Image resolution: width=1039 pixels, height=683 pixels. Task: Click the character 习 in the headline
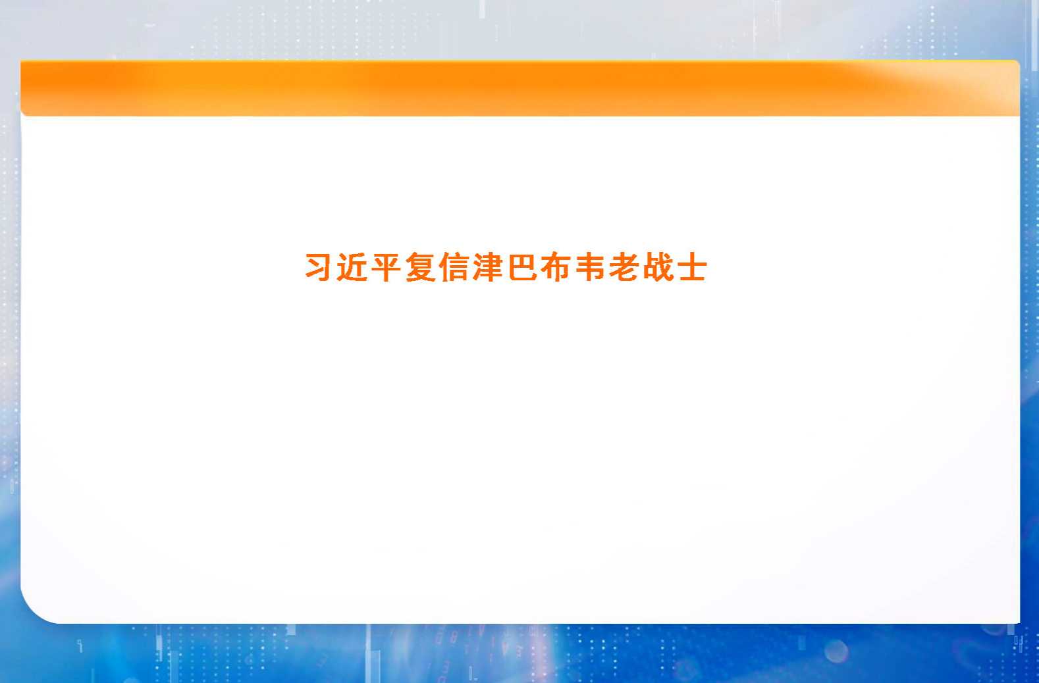point(319,268)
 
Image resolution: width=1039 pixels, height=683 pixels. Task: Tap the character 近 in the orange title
point(352,268)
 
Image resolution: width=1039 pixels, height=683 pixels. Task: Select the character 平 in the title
point(386,268)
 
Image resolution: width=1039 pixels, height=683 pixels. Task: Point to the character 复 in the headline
point(421,268)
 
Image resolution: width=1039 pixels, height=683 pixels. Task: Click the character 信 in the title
point(454,268)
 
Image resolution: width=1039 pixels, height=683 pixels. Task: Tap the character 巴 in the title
point(523,268)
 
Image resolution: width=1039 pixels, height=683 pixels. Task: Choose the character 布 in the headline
point(556,268)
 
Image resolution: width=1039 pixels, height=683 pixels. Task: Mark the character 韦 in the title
point(591,268)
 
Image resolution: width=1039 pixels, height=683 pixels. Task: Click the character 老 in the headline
point(624,268)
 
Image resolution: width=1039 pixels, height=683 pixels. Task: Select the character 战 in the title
point(658,268)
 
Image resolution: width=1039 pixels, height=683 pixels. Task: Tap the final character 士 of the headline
point(691,268)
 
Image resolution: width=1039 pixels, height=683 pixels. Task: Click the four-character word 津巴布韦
point(539,268)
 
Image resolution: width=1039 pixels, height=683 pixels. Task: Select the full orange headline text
point(506,268)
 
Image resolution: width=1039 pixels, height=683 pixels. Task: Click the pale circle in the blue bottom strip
point(836,651)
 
